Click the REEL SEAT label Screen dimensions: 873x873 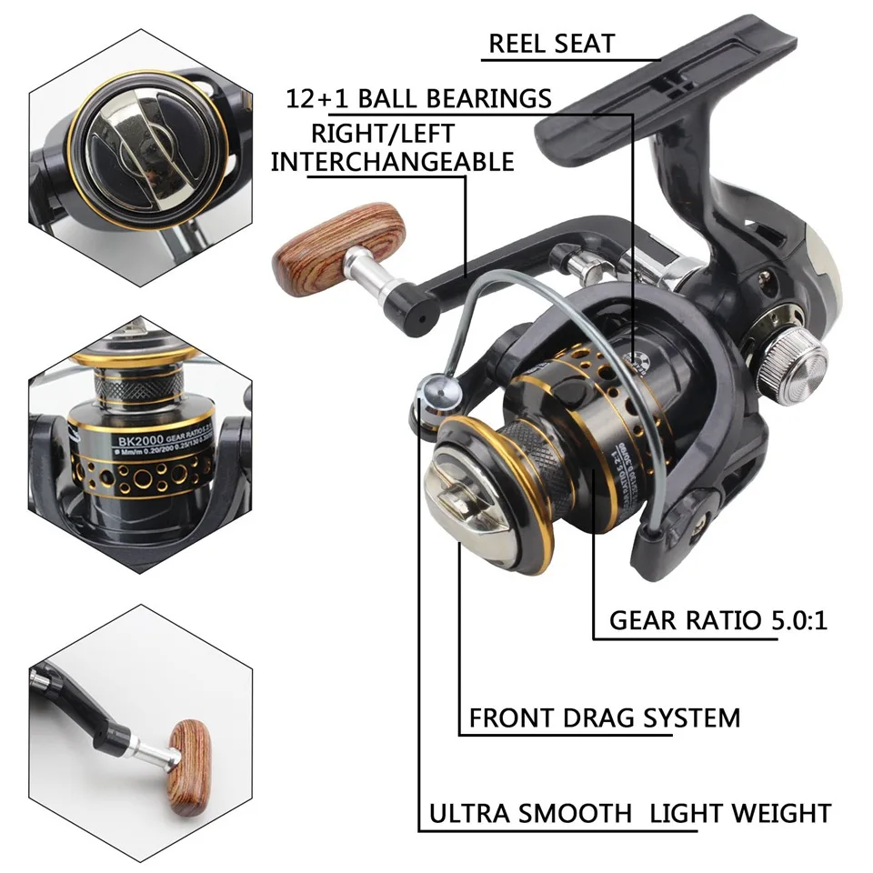pyautogui.click(x=551, y=43)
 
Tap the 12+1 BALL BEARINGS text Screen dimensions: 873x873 pyautogui.click(x=418, y=98)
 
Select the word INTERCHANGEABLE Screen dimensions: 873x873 pyautogui.click(x=392, y=161)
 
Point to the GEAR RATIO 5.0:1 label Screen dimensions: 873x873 pyautogui.click(x=718, y=620)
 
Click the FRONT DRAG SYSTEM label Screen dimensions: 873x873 pyautogui.click(x=604, y=717)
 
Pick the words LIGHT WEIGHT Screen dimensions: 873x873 pyautogui.click(x=739, y=812)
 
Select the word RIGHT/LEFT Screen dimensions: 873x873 pyautogui.click(x=383, y=133)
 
